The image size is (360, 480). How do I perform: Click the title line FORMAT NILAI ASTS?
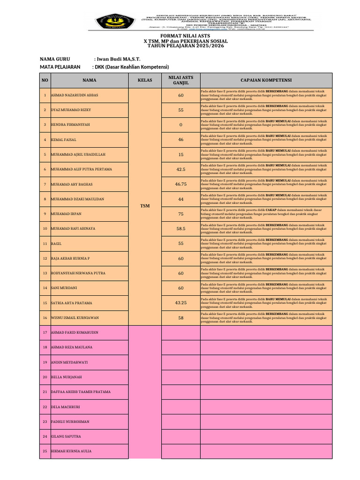pyautogui.click(x=186, y=36)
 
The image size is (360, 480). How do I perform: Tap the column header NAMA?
pyautogui.click(x=89, y=80)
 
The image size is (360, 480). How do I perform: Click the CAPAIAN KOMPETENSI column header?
pyautogui.click(x=266, y=80)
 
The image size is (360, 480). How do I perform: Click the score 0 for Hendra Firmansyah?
pyautogui.click(x=180, y=125)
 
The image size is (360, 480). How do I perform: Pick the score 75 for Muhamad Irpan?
pyautogui.click(x=180, y=214)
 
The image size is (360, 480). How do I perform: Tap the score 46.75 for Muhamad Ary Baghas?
pyautogui.click(x=180, y=184)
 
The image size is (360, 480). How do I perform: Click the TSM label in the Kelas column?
pyautogui.click(x=145, y=206)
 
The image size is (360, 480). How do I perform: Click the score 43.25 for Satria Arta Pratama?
pyautogui.click(x=180, y=303)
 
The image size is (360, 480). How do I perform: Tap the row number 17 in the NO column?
pyautogui.click(x=45, y=332)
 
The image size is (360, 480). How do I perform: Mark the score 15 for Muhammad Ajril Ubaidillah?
pyautogui.click(x=180, y=154)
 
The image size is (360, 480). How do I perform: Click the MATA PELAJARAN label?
pyautogui.click(x=60, y=67)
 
